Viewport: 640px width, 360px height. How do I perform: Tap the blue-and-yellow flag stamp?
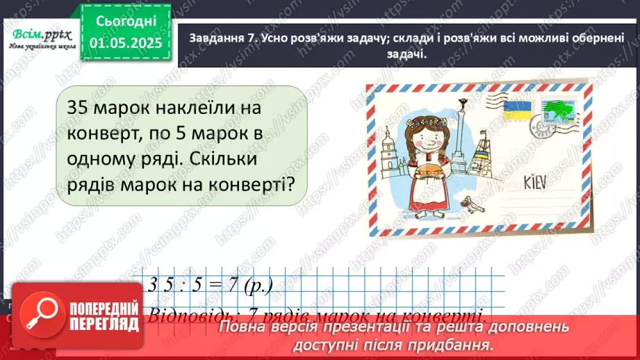click(x=517, y=111)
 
